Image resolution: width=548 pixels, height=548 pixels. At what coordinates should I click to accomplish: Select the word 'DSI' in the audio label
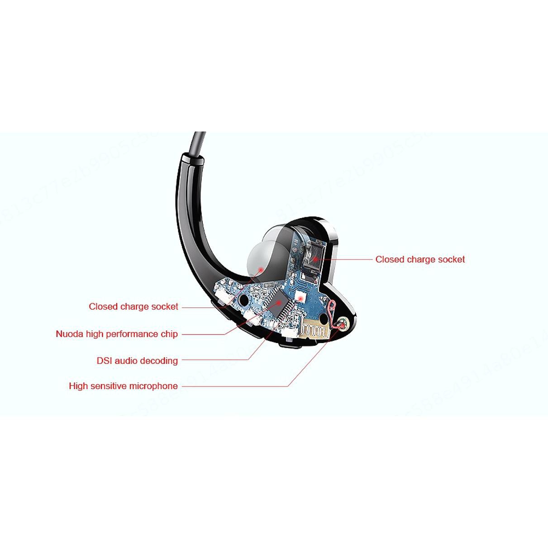click(x=104, y=361)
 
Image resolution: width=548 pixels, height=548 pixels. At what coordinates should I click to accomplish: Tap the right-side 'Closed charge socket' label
click(x=420, y=260)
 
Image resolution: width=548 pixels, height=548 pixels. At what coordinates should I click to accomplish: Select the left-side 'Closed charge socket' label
click(x=133, y=307)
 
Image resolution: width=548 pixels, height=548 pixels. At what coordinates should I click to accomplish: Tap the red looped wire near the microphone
click(x=333, y=312)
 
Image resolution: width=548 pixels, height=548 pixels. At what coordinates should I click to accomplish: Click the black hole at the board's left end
click(x=245, y=300)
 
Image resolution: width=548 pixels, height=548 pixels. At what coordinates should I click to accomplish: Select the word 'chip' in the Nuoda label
click(x=169, y=334)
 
